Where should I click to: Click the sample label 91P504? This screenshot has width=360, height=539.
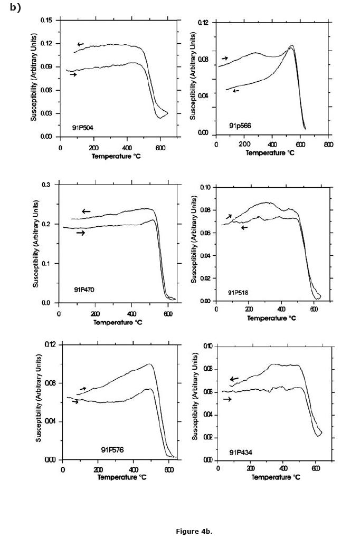click(83, 127)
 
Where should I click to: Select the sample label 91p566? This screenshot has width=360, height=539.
click(239, 126)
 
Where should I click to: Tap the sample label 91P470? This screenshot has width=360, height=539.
click(84, 290)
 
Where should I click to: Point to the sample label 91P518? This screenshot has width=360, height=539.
click(239, 292)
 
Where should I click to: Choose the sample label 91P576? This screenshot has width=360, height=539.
click(112, 450)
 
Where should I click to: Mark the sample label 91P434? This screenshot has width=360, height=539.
click(239, 452)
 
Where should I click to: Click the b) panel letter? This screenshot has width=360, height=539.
click(15, 7)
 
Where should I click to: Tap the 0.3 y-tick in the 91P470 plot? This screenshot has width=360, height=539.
click(46, 185)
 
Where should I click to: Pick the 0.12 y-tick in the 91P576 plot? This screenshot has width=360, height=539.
click(50, 344)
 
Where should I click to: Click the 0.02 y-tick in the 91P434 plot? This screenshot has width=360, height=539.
click(206, 438)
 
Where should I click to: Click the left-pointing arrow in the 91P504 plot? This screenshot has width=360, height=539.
click(80, 44)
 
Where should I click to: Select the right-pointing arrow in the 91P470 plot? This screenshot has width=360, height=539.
click(80, 233)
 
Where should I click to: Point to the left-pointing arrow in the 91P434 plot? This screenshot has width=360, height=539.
click(234, 379)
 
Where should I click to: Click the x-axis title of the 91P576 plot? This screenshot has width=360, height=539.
click(122, 477)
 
